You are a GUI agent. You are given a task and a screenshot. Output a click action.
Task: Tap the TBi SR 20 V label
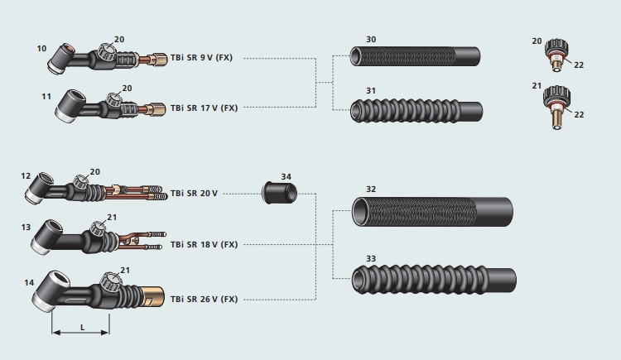pyautogui.click(x=195, y=193)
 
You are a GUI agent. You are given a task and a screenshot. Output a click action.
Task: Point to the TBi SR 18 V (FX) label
pyautogui.click(x=205, y=244)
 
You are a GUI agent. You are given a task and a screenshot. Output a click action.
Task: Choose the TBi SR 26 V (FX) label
pyautogui.click(x=205, y=299)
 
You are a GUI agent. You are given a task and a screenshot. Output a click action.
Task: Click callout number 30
pyautogui.click(x=370, y=40)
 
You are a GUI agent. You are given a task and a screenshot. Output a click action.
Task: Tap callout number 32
pyautogui.click(x=370, y=190)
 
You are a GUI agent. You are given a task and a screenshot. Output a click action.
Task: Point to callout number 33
pyautogui.click(x=370, y=259)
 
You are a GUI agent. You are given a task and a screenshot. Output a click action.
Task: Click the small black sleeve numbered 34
pyautogui.click(x=279, y=194)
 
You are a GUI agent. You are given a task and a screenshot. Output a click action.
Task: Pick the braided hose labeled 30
pyautogui.click(x=414, y=58)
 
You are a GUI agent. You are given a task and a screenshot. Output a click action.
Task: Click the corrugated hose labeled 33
pyautogui.click(x=431, y=280)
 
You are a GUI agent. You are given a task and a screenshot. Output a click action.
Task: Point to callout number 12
pyautogui.click(x=26, y=175)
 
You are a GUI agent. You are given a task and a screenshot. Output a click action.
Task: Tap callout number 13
pyautogui.click(x=26, y=227)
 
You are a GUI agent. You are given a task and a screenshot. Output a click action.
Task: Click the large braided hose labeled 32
pyautogui.click(x=431, y=212)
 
